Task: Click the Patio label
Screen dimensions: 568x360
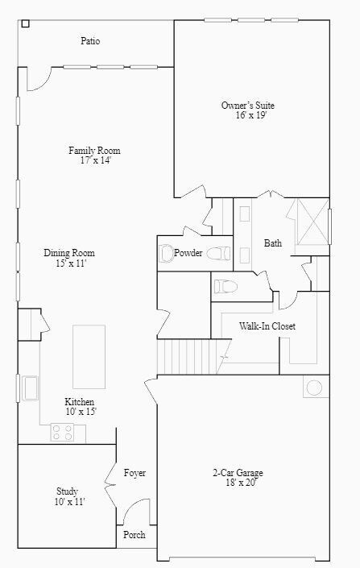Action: [x=90, y=41]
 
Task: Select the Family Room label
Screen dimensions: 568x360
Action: [x=94, y=151]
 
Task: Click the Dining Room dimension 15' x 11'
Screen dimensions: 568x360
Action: [x=69, y=263]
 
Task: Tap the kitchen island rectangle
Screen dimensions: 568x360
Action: [x=89, y=357]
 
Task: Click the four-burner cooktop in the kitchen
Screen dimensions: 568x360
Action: [x=62, y=433]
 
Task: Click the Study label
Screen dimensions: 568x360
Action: [x=67, y=491]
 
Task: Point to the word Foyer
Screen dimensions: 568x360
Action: [x=134, y=473]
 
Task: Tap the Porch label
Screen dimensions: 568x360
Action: [x=134, y=535]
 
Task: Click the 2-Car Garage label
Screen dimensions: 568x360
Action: [x=238, y=473]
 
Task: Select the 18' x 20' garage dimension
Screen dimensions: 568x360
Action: [x=238, y=483]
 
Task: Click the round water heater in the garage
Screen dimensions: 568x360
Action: [x=313, y=388]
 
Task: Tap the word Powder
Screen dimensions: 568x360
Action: [x=188, y=253]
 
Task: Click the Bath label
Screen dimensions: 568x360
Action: [x=273, y=243]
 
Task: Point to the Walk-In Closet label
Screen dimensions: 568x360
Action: [x=267, y=326]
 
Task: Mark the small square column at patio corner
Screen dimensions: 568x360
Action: [x=25, y=24]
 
